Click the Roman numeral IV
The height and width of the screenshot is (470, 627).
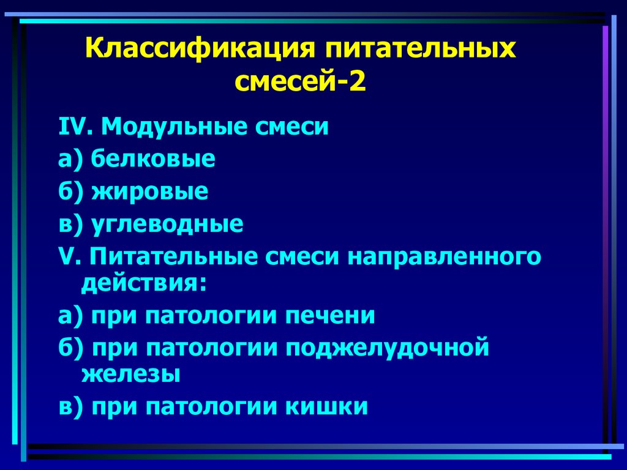(x=74, y=128)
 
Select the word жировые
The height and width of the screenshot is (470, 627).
(x=150, y=192)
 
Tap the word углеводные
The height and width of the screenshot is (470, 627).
(x=167, y=225)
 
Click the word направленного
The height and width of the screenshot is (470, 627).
(x=445, y=257)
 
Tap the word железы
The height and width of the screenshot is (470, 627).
(x=130, y=374)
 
